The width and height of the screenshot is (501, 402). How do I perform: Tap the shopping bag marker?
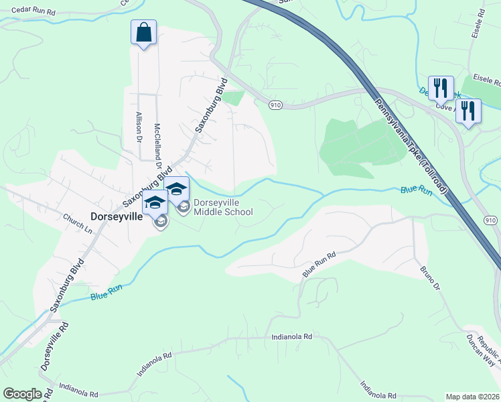(x=143, y=33)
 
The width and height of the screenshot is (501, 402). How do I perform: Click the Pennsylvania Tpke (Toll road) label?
(x=410, y=145)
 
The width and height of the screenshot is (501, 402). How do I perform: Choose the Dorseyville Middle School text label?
(x=223, y=208)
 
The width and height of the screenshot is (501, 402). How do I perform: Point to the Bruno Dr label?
(x=429, y=278)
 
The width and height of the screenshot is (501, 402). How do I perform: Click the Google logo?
(x=22, y=394)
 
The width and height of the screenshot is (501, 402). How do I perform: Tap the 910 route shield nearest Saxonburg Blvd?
(x=275, y=105)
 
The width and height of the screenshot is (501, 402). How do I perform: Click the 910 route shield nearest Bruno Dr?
(x=491, y=220)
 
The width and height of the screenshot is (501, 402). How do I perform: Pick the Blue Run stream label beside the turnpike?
(x=416, y=190)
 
